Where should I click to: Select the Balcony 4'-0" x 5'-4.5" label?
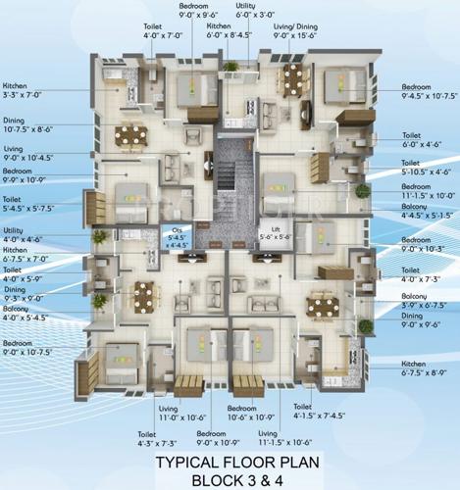(x=26, y=313)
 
